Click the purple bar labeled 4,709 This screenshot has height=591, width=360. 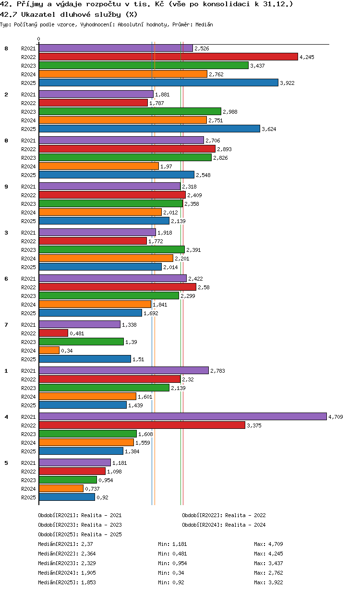183,416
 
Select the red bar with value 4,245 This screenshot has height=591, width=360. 168,57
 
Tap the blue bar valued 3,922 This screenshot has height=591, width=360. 158,83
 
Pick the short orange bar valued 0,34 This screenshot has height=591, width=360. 49,350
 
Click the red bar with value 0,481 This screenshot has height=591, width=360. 54,333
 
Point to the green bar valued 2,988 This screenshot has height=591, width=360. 130,111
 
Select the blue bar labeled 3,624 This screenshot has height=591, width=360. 149,129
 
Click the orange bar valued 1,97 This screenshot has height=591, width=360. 99,166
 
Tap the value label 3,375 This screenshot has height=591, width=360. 254,426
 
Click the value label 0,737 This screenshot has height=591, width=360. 92,489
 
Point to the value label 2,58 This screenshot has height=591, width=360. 204,287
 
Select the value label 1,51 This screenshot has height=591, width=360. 138,359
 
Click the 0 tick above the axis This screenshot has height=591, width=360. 39,39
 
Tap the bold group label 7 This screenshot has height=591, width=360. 6,325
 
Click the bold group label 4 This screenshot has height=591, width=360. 6,417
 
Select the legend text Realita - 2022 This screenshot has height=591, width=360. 245,515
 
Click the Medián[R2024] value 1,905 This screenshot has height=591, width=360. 88,573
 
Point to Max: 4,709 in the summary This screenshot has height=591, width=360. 268,544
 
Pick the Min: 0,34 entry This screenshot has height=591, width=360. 171,573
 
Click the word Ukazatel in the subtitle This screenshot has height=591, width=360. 38,14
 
